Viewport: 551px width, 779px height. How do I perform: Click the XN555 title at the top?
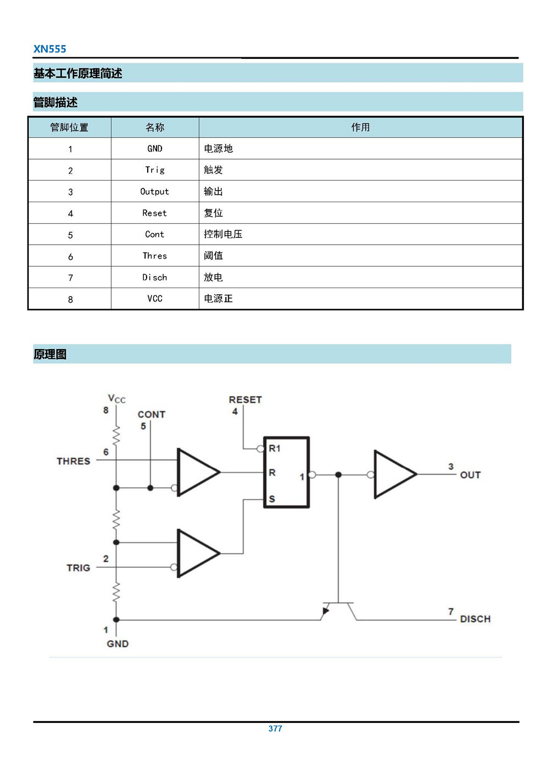click(x=50, y=49)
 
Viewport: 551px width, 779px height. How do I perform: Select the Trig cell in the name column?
click(x=155, y=170)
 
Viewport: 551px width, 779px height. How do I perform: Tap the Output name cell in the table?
click(x=155, y=192)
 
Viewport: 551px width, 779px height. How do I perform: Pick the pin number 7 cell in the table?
click(x=70, y=278)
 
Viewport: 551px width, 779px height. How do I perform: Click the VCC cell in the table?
click(x=155, y=299)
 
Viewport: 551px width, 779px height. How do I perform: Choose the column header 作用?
click(x=360, y=127)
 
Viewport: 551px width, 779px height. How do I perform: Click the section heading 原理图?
click(x=50, y=354)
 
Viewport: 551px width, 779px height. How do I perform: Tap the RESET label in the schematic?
click(x=245, y=399)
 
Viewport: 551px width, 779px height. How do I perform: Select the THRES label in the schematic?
click(x=73, y=461)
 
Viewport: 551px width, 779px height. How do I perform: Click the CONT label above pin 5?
click(x=152, y=414)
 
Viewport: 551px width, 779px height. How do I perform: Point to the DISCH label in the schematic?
click(x=475, y=619)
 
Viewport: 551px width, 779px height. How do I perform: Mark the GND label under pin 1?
click(x=117, y=643)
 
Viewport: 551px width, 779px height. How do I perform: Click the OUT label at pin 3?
click(x=470, y=475)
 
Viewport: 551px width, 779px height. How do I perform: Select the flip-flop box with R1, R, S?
click(x=287, y=473)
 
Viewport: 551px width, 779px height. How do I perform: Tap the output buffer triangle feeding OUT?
click(x=393, y=474)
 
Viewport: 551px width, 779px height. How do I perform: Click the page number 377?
click(x=275, y=728)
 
